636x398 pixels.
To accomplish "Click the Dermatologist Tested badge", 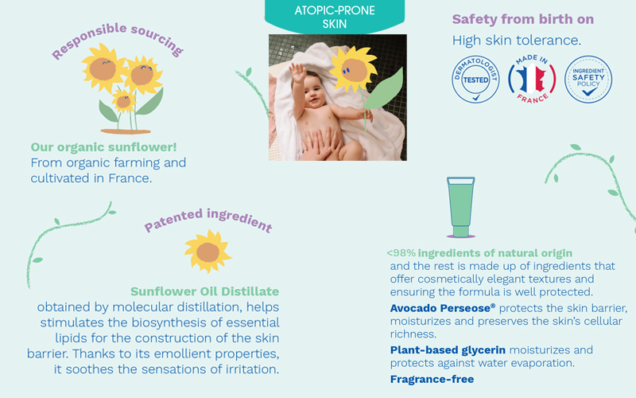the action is pos(475,79).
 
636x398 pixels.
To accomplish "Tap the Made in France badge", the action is pos(532,79).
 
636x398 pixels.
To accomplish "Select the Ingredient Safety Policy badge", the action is pos(588,79).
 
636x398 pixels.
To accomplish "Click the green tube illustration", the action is pos(461,207).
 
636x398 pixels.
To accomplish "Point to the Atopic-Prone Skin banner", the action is pos(335,16).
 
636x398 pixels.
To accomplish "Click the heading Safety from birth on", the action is pos(523,19).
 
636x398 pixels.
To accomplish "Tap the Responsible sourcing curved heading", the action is pos(118,40).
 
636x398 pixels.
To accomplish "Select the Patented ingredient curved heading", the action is pos(208,220).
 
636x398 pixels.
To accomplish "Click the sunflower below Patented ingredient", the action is pos(208,251).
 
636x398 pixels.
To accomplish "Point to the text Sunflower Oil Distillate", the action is pos(205,291).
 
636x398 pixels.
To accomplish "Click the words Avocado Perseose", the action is pos(443,308).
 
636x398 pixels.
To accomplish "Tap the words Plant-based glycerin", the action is pos(448,349).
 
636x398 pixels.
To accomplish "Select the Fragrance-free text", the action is pos(432,379).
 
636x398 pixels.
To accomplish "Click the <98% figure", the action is pos(401,253).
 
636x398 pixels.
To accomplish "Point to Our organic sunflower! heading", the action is pos(103,147).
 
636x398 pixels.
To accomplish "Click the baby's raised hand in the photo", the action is pos(297,72).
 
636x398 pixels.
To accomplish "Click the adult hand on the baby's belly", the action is pos(320,144).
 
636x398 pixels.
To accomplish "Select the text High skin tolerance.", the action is pos(516,41).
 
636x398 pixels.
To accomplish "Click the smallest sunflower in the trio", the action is pos(124,101).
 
